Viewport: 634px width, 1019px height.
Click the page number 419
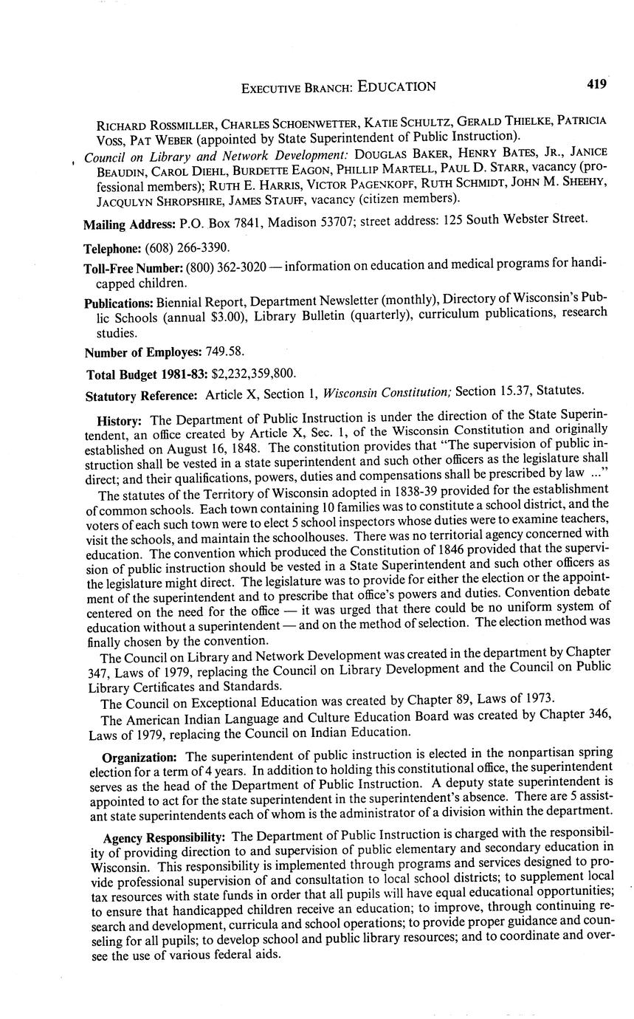tap(596, 84)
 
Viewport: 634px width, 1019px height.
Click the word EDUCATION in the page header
tap(396, 86)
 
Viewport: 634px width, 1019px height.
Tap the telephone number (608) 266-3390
tap(182, 247)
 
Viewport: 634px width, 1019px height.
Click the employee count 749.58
tap(222, 352)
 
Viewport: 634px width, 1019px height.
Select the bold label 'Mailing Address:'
tap(124, 223)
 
